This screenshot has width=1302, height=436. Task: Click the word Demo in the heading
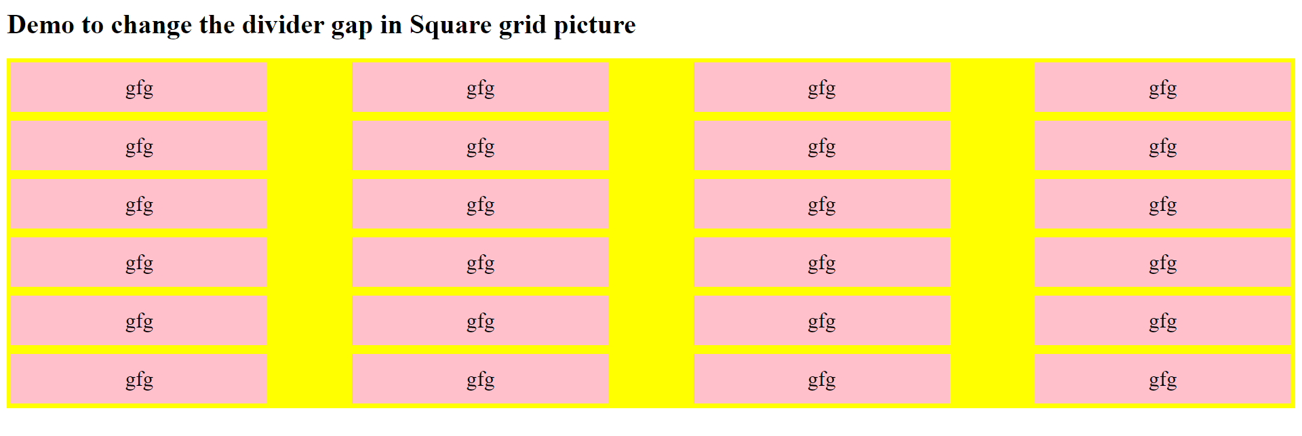(x=41, y=25)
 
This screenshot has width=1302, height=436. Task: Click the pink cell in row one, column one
(x=139, y=87)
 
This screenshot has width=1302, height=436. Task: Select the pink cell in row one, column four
(x=1163, y=87)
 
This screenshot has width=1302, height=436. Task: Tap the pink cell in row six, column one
(x=139, y=379)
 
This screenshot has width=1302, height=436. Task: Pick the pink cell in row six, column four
(x=1163, y=379)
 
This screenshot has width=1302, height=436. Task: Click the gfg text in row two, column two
(x=481, y=147)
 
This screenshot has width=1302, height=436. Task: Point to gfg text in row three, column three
(x=822, y=205)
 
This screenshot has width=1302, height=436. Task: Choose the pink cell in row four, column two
(x=481, y=262)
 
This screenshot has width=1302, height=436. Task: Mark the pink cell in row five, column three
(x=822, y=321)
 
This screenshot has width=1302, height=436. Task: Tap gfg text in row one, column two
(x=481, y=89)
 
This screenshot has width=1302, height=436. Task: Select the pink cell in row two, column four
(x=1163, y=146)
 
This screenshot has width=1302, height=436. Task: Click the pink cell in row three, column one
(x=139, y=204)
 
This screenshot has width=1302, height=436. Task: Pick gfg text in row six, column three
(x=822, y=380)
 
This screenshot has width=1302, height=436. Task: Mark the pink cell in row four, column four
(x=1163, y=262)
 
